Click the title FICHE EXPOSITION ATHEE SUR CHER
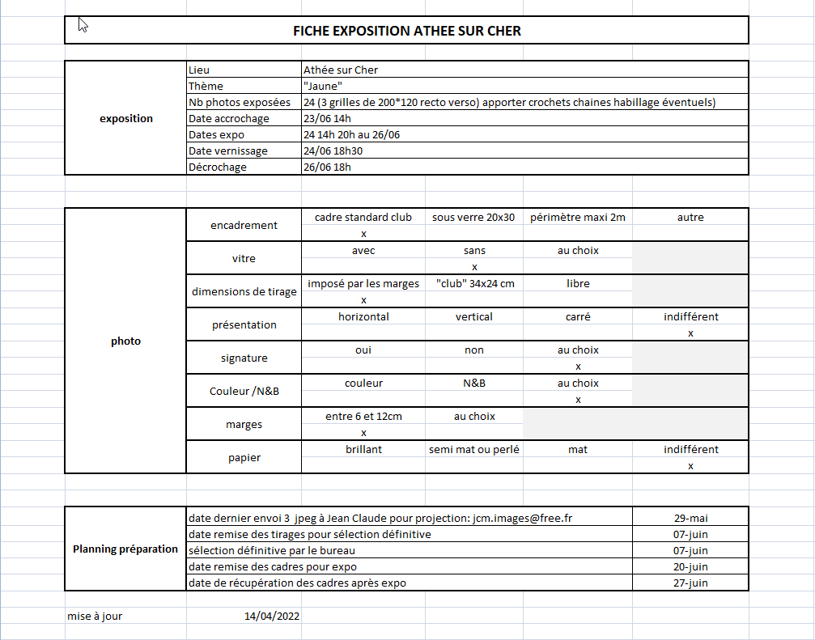[406, 31]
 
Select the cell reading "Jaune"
[323, 86]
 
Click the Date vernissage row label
[227, 150]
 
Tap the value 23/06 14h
[327, 118]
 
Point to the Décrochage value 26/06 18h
[327, 167]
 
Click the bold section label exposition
[125, 118]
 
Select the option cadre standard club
[363, 217]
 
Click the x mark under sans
[474, 266]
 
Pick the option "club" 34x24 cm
[474, 283]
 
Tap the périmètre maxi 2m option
[578, 217]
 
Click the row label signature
[244, 358]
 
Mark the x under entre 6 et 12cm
[363, 433]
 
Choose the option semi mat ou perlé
[474, 449]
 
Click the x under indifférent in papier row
[690, 466]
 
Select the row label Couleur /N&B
[244, 391]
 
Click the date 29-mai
[690, 518]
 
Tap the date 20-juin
[690, 566]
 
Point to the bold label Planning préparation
[125, 549]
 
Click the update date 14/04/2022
[272, 616]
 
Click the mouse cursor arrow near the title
[82, 24]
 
